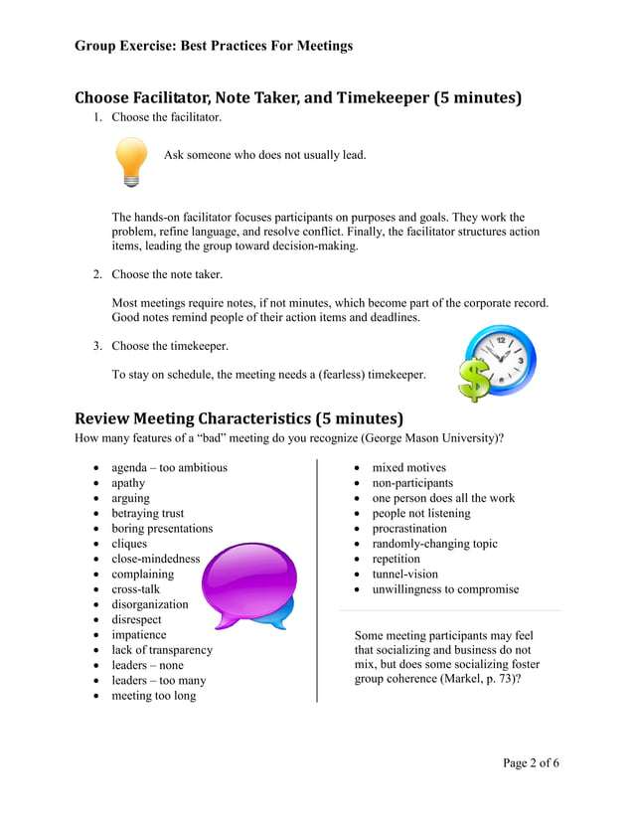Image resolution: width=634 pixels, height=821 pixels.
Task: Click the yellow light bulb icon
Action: (x=131, y=162)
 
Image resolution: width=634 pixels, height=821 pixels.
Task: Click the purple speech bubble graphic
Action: (x=248, y=584)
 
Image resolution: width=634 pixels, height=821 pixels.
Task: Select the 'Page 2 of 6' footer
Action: (x=531, y=762)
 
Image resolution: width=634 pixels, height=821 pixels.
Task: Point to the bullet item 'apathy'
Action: (x=128, y=483)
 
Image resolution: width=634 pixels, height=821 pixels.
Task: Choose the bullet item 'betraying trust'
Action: (x=147, y=513)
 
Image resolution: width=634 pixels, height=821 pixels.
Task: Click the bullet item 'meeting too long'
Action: (x=153, y=696)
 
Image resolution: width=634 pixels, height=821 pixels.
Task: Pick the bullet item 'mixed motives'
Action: (x=408, y=467)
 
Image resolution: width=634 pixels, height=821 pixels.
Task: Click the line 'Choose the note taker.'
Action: (x=167, y=274)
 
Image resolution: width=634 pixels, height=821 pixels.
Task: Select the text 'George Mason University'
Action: (x=432, y=437)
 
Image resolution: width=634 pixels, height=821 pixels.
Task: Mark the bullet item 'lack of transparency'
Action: (x=161, y=650)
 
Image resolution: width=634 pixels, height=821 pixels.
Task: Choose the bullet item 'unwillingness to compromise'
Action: (x=445, y=589)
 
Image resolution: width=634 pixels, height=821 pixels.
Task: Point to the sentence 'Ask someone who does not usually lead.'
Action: (x=264, y=155)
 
